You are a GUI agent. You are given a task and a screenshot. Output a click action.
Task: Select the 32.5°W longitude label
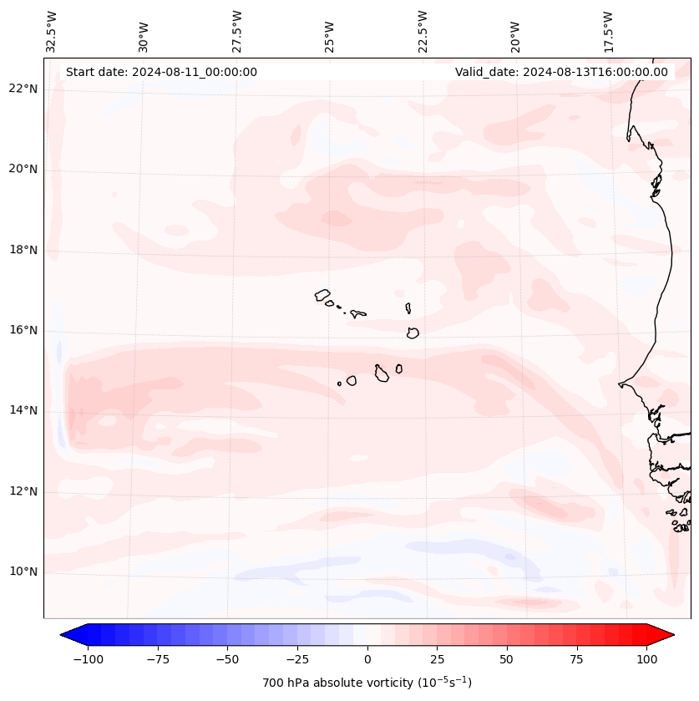pos(52,32)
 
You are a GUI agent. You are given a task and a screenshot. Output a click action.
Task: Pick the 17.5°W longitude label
pos(609,32)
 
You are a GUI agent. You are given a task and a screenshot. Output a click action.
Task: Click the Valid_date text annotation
pos(561,72)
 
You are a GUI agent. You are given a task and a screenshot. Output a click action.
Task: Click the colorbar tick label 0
pos(367,659)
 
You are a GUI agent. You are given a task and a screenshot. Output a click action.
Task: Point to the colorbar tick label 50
pos(506,659)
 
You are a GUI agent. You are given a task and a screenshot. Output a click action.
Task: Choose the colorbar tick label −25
pos(295,659)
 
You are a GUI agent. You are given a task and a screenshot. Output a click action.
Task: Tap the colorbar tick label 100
pos(646,659)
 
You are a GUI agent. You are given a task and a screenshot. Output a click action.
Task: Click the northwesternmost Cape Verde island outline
pos(322,294)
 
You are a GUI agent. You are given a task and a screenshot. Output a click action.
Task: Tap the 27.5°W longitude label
pos(237,32)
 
